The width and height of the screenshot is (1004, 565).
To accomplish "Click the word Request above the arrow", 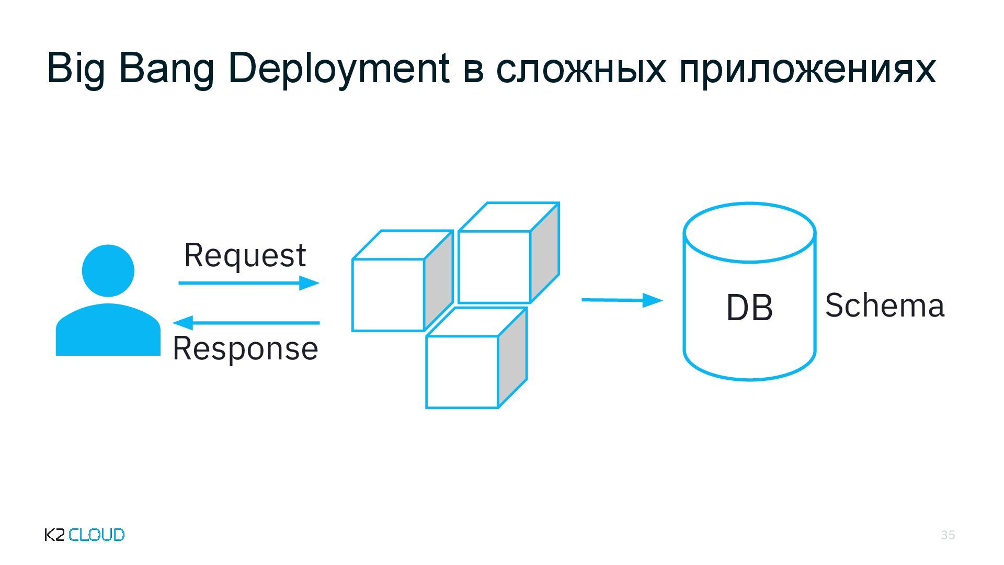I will click(245, 255).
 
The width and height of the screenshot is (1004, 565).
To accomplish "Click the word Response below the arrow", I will click(245, 348).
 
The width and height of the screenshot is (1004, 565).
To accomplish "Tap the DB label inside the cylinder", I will click(749, 308).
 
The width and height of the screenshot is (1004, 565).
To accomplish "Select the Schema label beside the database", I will click(885, 306).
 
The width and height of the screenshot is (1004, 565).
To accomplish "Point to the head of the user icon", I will click(108, 270).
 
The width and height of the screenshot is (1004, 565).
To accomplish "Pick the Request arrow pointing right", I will click(248, 283).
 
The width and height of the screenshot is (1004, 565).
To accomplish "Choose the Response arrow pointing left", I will click(246, 323).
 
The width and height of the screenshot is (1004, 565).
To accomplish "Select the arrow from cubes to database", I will click(622, 300).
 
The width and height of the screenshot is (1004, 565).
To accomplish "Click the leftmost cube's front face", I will click(388, 295).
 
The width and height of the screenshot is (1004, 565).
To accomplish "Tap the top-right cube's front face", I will click(494, 267).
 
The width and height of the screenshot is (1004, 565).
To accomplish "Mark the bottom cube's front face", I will click(462, 372).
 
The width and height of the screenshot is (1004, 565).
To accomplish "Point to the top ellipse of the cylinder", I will click(749, 233).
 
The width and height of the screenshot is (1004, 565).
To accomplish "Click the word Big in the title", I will click(76, 69).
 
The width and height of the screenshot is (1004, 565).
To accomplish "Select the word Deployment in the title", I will click(339, 69).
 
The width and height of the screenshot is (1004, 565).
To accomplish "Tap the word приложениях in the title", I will click(807, 69).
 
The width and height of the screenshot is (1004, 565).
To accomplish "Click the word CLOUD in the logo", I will click(97, 535).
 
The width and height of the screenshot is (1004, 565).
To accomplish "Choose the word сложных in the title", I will click(580, 69).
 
